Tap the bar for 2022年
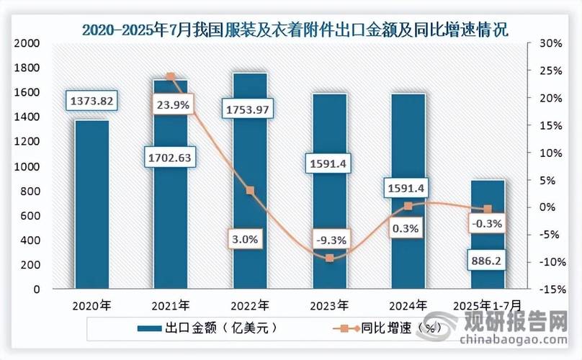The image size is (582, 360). (x=250, y=180)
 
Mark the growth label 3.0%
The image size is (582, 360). (x=249, y=238)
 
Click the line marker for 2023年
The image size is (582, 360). (x=330, y=258)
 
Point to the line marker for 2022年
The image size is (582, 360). (x=250, y=191)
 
